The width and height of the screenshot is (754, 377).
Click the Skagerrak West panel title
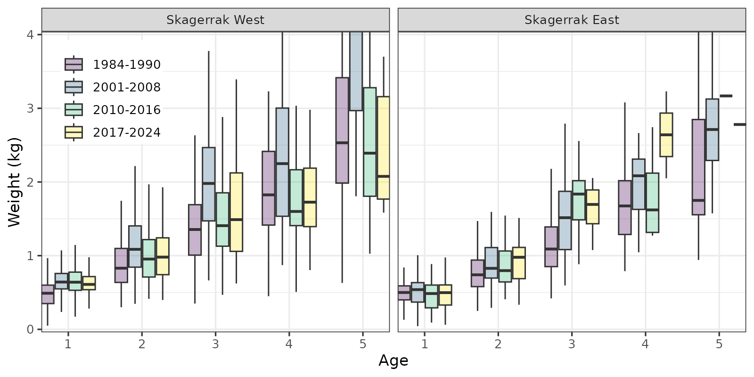click(x=215, y=20)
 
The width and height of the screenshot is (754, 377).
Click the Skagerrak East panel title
click(x=572, y=20)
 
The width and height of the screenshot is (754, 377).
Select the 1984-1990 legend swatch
click(x=74, y=65)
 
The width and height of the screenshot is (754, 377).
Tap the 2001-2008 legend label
click(x=127, y=87)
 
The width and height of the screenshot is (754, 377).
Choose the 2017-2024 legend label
click(x=127, y=132)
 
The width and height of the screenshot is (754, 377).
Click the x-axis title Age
click(x=393, y=361)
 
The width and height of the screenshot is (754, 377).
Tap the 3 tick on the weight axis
click(x=31, y=108)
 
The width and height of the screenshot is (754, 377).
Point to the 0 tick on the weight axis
click(x=31, y=329)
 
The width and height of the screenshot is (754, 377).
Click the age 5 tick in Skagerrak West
click(x=362, y=344)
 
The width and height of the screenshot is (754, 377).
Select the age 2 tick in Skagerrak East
click(x=498, y=344)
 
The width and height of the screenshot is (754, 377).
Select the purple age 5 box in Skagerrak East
click(x=698, y=167)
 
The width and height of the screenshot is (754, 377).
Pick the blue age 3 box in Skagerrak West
click(x=209, y=184)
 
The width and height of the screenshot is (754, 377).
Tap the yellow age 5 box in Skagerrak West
click(x=383, y=148)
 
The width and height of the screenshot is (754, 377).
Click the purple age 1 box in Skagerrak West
click(x=48, y=295)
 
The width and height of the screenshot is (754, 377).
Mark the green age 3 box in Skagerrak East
click(x=579, y=200)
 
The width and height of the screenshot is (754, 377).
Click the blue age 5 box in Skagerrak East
click(x=712, y=130)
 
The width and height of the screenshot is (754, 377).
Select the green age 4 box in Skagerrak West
click(x=296, y=197)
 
